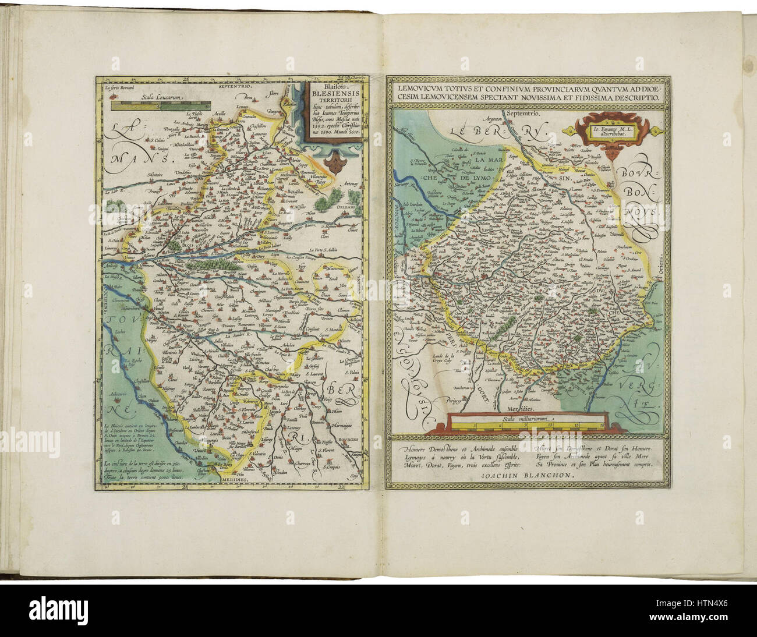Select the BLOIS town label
(189, 246)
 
